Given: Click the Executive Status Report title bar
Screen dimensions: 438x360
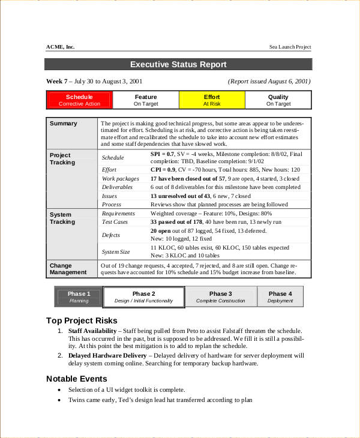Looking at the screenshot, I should (x=178, y=65).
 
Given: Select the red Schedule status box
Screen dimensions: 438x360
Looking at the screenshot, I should (x=79, y=100).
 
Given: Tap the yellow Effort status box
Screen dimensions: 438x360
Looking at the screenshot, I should (x=212, y=100).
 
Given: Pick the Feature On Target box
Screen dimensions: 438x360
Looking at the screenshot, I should (x=145, y=100).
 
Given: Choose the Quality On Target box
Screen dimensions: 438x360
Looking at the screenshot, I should (x=278, y=100).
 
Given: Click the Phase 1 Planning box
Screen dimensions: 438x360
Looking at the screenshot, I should (x=79, y=297).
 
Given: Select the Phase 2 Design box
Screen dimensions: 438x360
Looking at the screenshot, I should (x=144, y=297).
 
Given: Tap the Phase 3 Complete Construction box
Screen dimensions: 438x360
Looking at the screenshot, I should (x=221, y=297).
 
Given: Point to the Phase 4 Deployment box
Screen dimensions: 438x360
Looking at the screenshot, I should (x=280, y=297).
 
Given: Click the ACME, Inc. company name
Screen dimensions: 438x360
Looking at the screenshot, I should (x=61, y=47).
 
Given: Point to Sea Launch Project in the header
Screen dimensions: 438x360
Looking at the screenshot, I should (x=290, y=47).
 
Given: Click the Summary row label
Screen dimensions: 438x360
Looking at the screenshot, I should (x=63, y=124).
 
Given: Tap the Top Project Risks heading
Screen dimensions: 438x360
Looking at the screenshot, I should (x=82, y=320).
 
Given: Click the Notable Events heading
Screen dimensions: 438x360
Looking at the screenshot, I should (x=77, y=379).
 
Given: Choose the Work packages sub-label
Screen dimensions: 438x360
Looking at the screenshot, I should (x=121, y=179).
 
